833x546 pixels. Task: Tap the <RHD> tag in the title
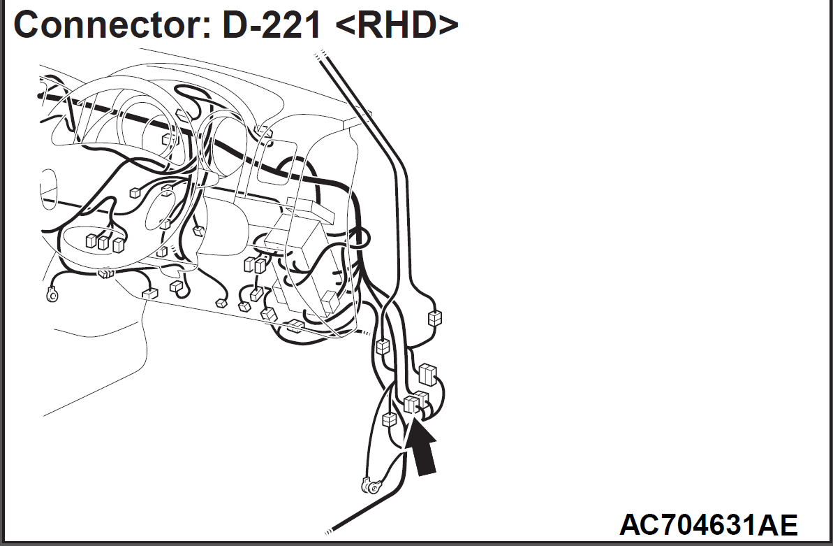pos(397,24)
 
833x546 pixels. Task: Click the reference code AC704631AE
pos(708,525)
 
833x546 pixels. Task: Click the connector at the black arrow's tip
pos(410,405)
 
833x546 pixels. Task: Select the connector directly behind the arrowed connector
pos(422,400)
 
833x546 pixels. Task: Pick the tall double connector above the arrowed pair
pos(427,373)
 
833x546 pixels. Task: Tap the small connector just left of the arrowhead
pos(390,419)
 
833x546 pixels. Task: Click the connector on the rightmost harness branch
pos(434,318)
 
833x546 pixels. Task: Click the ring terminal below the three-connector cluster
pos(52,294)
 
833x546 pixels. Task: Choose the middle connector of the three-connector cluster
pos(103,242)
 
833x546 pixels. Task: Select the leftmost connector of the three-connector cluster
pos(91,240)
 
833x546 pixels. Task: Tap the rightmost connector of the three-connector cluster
pos(118,244)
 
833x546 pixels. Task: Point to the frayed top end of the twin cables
pos(320,55)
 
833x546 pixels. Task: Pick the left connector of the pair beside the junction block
pos(249,264)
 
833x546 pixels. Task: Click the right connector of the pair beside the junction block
pos(260,265)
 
